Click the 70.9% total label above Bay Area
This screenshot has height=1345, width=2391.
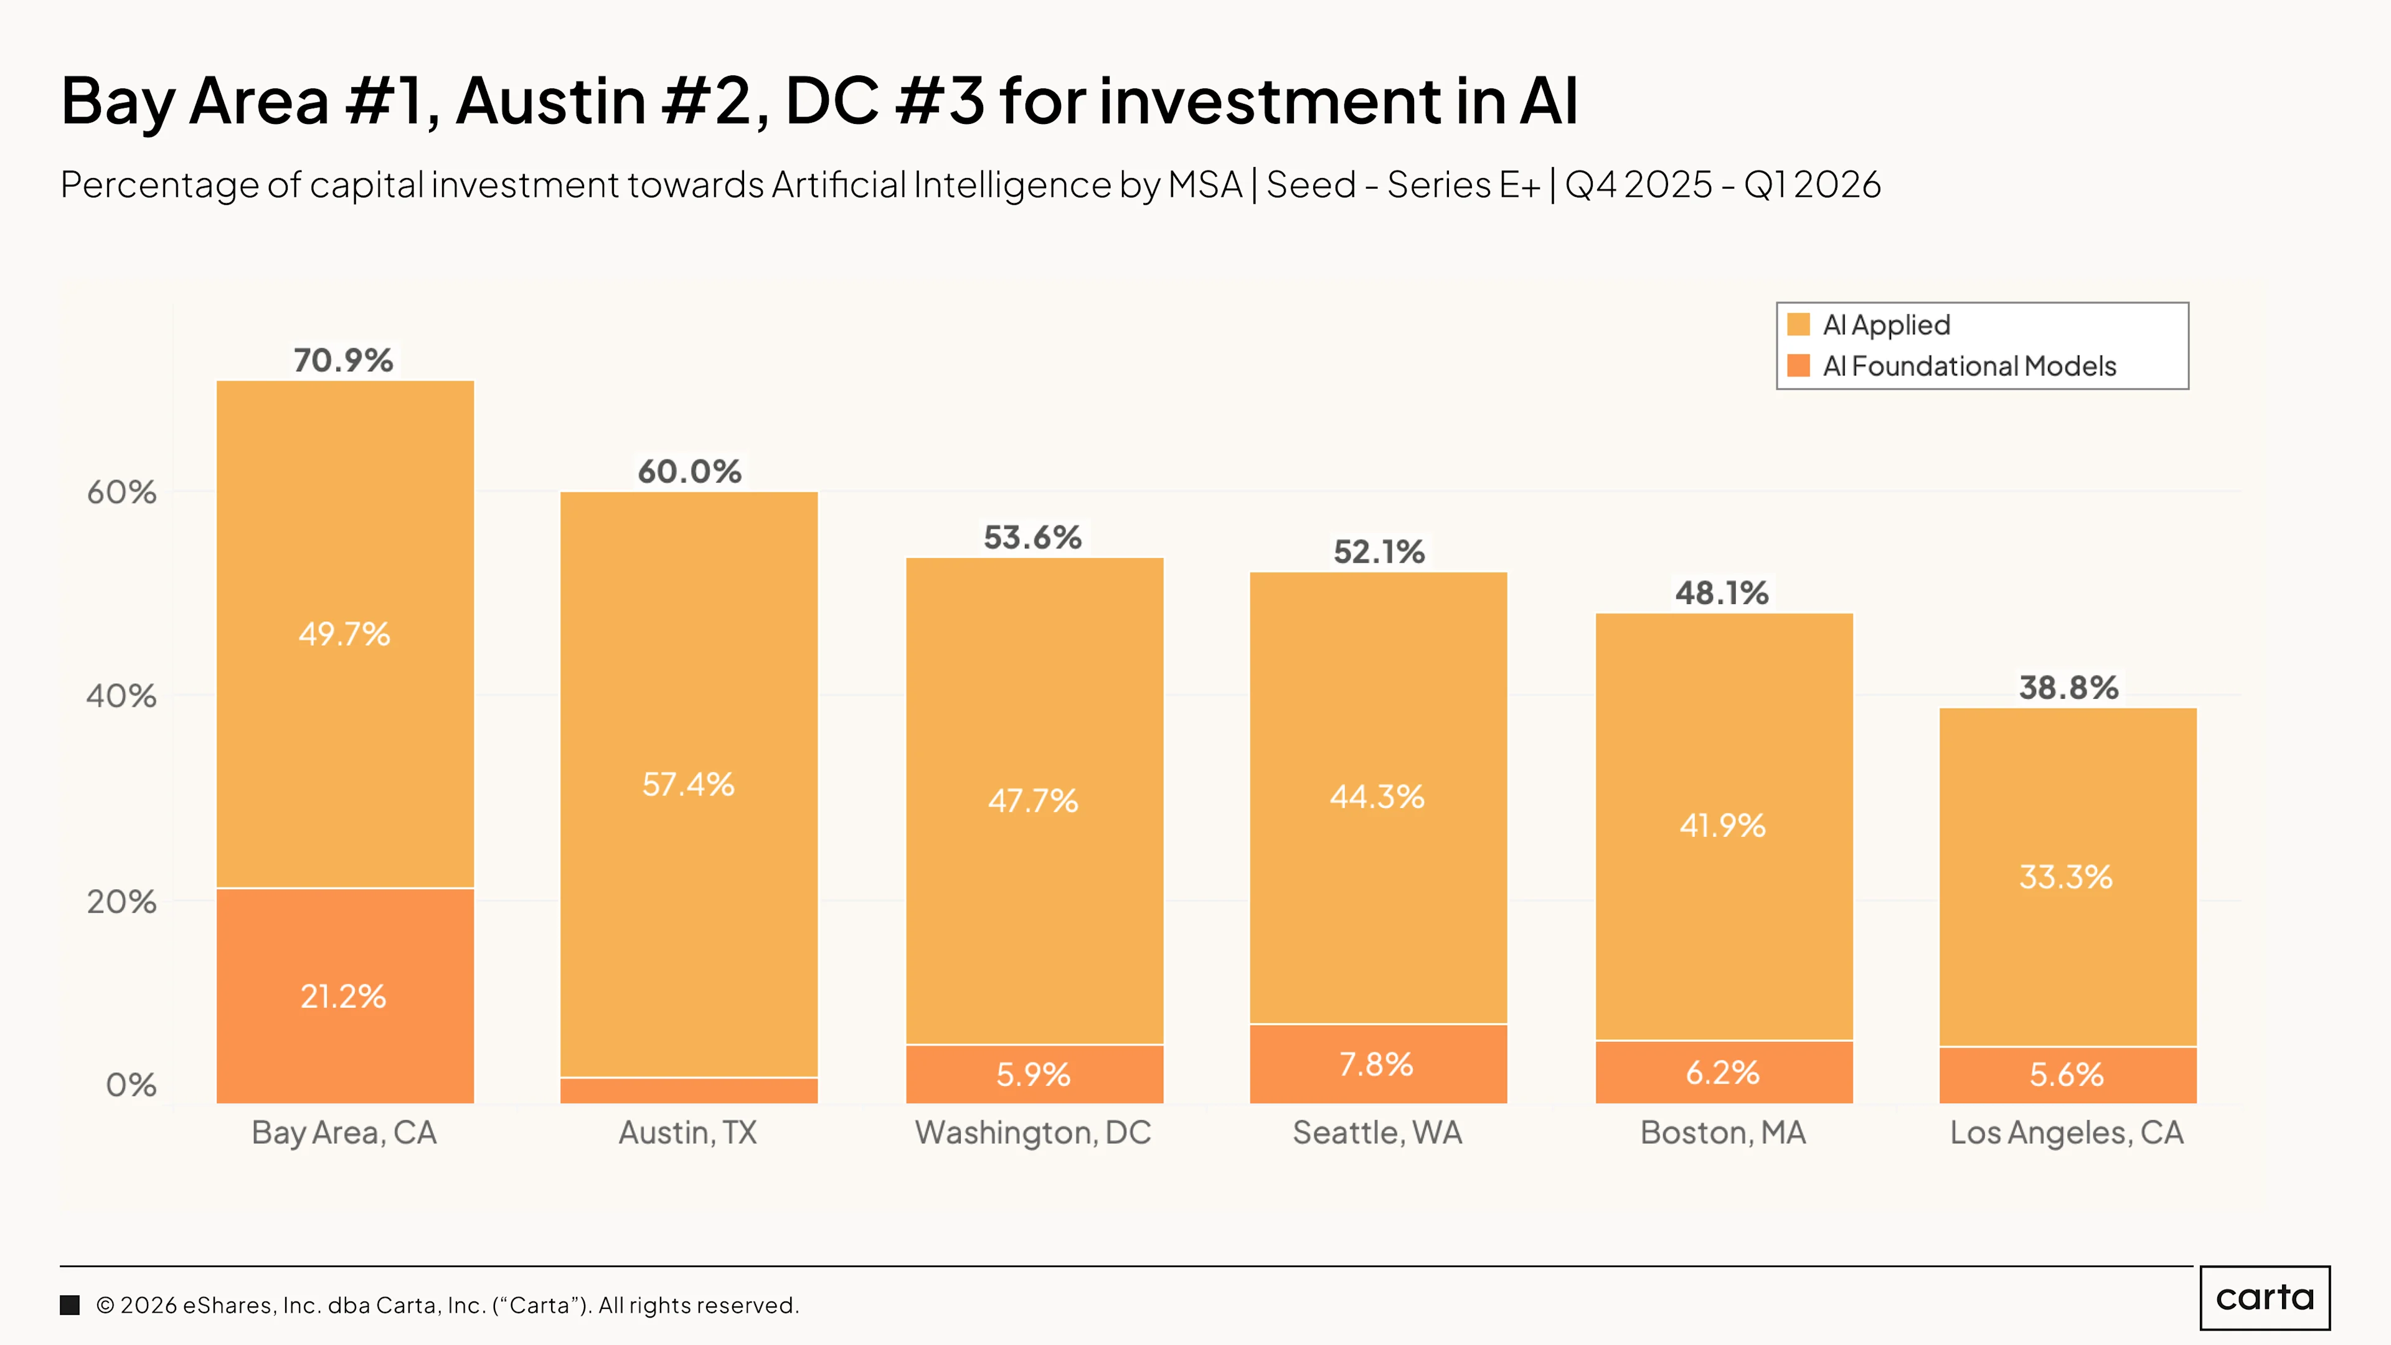(344, 360)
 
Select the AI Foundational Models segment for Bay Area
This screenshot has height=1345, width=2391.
(346, 996)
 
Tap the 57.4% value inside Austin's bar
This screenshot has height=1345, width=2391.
(689, 785)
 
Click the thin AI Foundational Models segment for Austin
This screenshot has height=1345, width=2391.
(689, 1091)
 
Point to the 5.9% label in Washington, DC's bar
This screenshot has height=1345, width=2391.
(1033, 1075)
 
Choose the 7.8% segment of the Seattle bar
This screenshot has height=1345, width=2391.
(1379, 1064)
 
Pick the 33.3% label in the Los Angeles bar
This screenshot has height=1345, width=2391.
(2066, 877)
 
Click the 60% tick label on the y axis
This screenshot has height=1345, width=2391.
(121, 492)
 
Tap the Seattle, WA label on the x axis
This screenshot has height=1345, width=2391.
(1377, 1133)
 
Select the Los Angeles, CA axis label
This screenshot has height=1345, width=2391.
(2067, 1133)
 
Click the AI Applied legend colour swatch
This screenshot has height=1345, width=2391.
(1799, 324)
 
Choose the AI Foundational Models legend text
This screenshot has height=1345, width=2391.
(1969, 366)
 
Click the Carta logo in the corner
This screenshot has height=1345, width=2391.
(2265, 1298)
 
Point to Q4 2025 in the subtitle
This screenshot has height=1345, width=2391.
(1638, 185)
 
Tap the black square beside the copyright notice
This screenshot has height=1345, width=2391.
(70, 1305)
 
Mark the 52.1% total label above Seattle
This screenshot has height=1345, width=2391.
(1379, 552)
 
